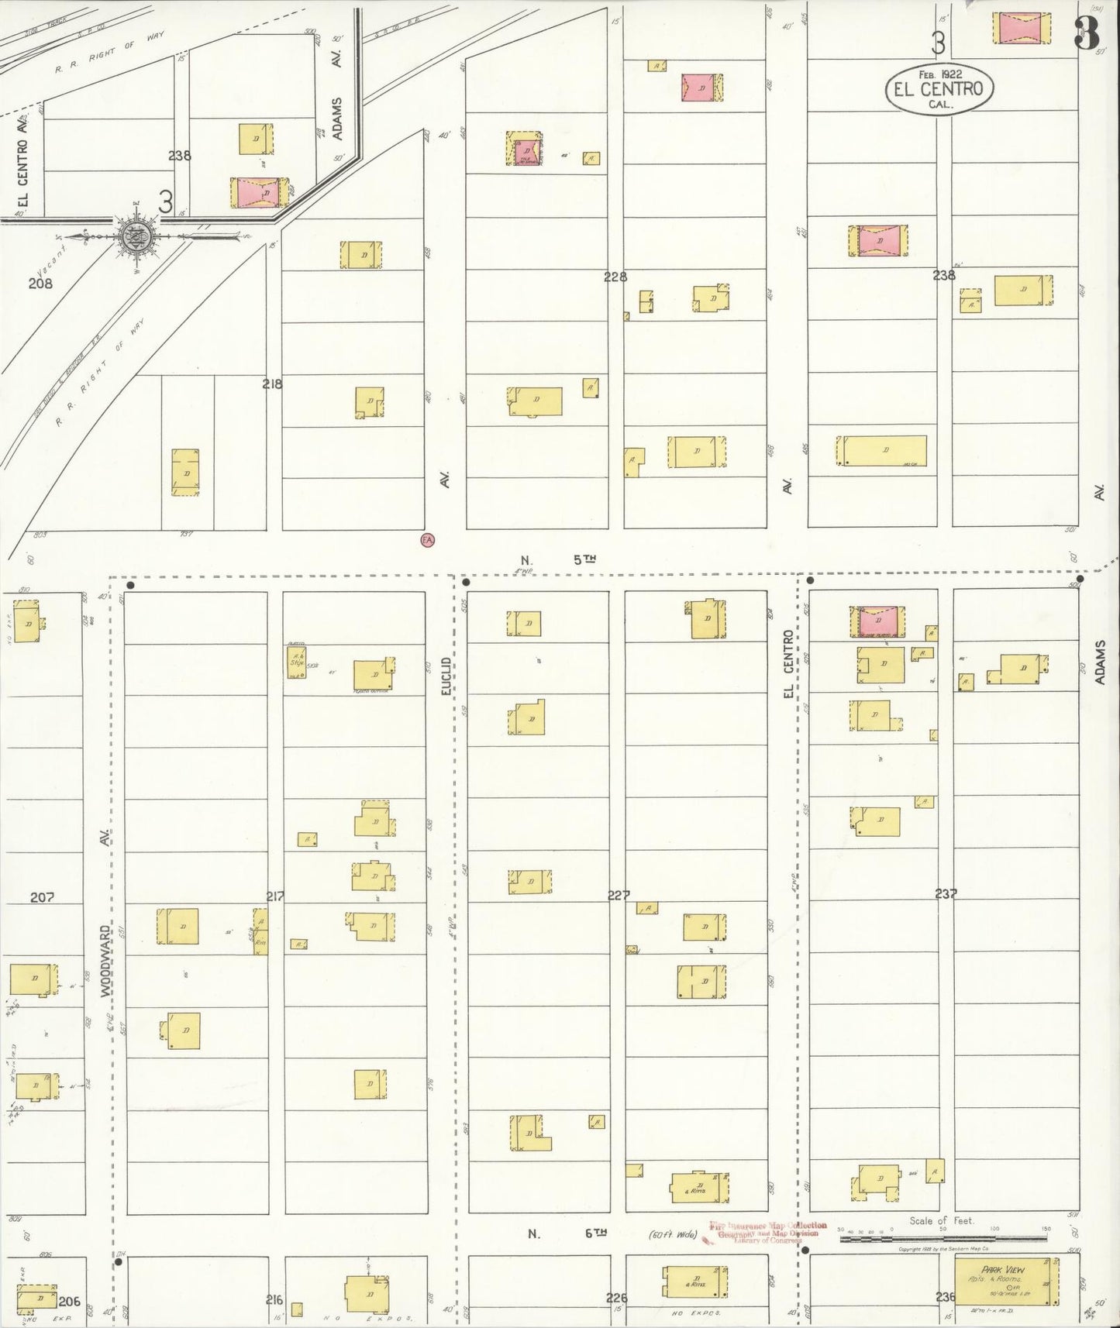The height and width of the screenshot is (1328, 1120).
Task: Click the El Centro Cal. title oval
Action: [x=939, y=88]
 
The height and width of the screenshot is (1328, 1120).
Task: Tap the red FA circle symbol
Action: [x=426, y=539]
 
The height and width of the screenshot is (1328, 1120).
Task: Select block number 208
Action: [x=40, y=284]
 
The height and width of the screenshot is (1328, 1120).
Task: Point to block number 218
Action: [x=272, y=384]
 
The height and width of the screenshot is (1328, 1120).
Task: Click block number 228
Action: [x=615, y=277]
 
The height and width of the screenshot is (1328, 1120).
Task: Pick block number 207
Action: [x=42, y=897]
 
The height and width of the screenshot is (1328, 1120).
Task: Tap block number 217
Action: [x=275, y=896]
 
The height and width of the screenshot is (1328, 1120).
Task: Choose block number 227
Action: [x=619, y=895]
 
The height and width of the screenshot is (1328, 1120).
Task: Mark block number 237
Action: [x=946, y=893]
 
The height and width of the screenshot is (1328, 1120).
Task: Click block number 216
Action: [x=274, y=1300]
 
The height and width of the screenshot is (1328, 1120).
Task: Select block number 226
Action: [x=616, y=1299]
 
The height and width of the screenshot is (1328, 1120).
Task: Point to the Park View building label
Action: [x=1002, y=1270]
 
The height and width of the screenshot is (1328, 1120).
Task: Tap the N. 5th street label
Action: [x=558, y=559]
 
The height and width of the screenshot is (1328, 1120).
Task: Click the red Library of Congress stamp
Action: [x=766, y=1233]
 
